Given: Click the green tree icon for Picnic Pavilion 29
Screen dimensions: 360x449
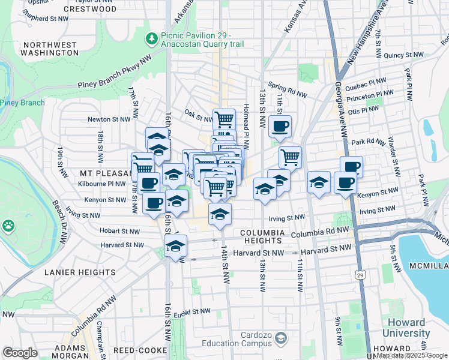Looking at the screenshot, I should (x=152, y=40).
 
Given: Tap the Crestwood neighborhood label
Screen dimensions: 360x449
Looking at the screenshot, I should (x=90, y=10).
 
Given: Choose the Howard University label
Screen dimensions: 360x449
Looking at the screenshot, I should (x=408, y=328).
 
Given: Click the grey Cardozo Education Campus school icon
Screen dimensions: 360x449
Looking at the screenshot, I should (x=280, y=340).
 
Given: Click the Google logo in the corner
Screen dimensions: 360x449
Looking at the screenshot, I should (x=20, y=353).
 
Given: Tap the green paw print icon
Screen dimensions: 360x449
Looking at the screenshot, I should (x=8, y=226).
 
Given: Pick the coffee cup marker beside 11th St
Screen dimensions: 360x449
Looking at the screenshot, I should (x=280, y=127).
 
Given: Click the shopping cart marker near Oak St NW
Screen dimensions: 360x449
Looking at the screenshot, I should (x=224, y=119).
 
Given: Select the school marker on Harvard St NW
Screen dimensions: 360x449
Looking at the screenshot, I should (x=176, y=246).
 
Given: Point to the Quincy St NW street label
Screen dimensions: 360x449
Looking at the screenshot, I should (x=404, y=55).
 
